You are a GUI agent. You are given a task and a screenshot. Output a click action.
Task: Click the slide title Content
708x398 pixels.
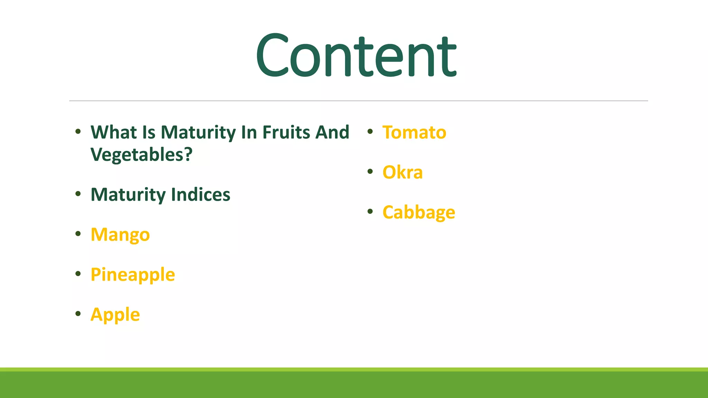(356, 55)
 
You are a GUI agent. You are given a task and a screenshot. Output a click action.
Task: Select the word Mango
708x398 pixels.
(120, 235)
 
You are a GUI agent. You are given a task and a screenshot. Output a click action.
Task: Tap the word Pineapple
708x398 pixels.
(133, 275)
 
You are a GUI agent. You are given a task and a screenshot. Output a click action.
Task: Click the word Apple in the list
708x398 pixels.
(115, 315)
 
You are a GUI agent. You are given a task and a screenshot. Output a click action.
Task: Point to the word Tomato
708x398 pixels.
(414, 132)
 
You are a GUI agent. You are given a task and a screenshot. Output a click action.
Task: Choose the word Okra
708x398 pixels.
(402, 172)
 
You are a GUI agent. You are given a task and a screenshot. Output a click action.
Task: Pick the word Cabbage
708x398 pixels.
(419, 212)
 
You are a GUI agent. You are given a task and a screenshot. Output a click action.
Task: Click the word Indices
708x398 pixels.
(201, 195)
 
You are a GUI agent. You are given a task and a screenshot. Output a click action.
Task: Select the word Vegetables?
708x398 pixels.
(141, 154)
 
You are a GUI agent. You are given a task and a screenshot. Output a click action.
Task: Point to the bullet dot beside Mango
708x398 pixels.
(78, 234)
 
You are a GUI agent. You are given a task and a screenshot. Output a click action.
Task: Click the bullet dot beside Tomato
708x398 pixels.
(370, 131)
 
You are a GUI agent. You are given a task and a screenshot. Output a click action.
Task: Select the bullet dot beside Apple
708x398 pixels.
(78, 314)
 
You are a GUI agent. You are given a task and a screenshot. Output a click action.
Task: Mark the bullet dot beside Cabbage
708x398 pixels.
(370, 211)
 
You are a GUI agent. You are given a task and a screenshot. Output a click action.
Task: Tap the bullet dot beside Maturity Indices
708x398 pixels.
(78, 194)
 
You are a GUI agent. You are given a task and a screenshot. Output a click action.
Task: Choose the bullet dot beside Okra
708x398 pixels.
(370, 171)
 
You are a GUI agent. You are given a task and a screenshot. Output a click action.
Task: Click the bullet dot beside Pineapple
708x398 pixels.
(78, 274)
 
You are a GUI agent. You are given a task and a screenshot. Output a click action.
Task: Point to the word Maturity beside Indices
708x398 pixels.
(128, 195)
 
